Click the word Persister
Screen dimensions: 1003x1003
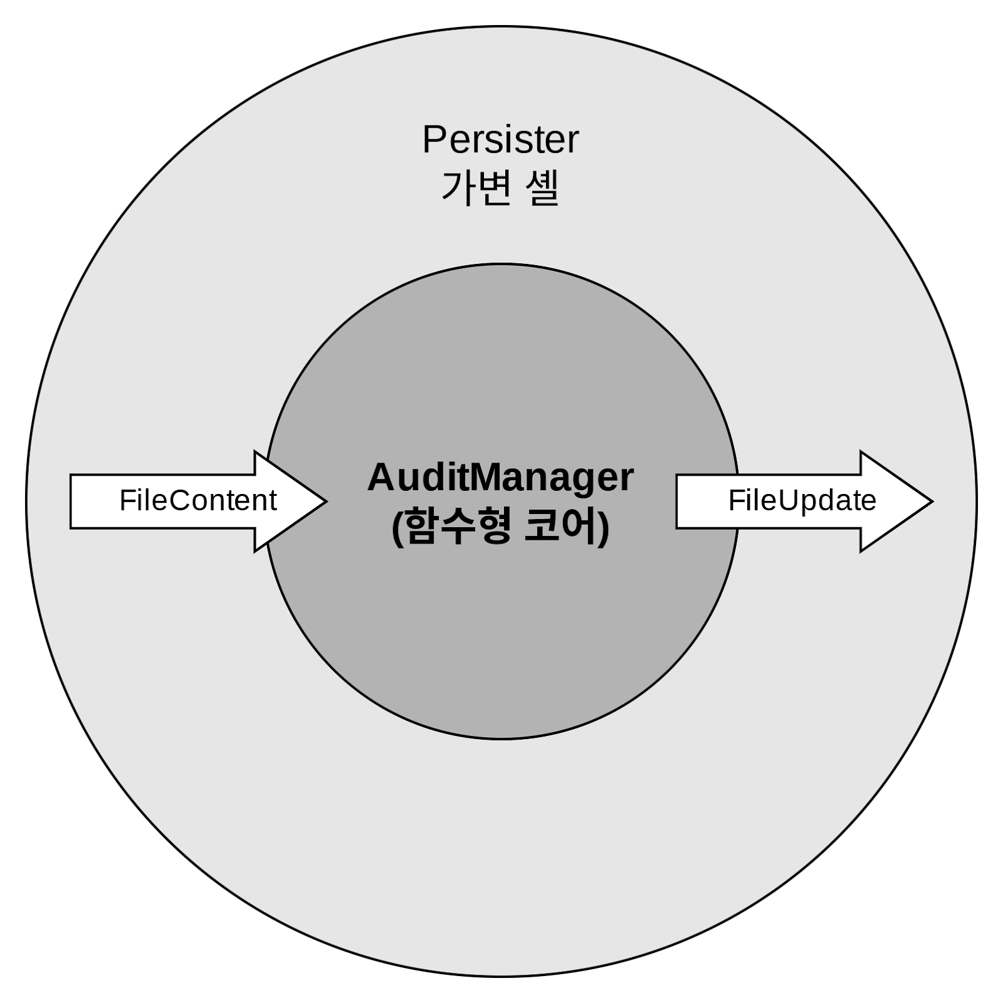(x=500, y=140)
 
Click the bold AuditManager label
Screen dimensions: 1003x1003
(x=500, y=478)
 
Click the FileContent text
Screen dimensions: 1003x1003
(x=198, y=500)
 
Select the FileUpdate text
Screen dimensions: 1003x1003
(x=802, y=500)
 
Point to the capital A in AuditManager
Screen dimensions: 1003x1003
(x=380, y=478)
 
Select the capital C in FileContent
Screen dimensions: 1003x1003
(x=179, y=500)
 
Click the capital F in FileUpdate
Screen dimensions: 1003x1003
(x=735, y=500)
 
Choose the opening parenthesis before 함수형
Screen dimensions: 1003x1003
(x=397, y=528)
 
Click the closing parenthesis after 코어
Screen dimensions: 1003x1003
(x=604, y=528)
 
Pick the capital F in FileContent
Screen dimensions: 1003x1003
(x=126, y=500)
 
